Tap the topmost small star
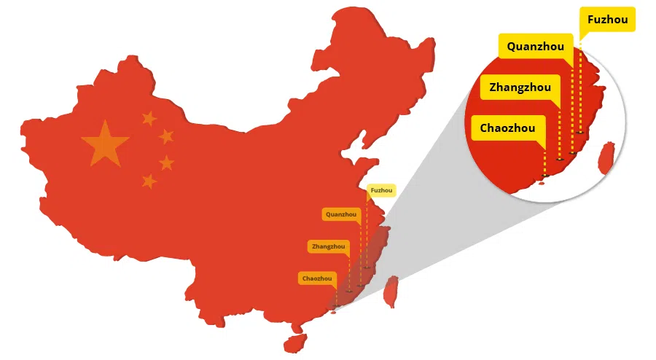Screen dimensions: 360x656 (149, 118)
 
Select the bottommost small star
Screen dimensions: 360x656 (149, 180)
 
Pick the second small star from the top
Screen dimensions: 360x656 (167, 136)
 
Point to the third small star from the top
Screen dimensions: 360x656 (167, 163)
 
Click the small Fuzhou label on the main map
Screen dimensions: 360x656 (381, 191)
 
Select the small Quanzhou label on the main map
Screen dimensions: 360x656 (341, 214)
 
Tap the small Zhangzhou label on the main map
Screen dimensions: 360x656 (328, 246)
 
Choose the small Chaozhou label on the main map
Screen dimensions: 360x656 (317, 278)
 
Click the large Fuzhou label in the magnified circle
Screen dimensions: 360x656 (607, 20)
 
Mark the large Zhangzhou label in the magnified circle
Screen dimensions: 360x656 (520, 87)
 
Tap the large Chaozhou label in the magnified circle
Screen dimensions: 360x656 (507, 128)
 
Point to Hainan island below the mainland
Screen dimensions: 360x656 (295, 342)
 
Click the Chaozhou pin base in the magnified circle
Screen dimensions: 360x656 (545, 176)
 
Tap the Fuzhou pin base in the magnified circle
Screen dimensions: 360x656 (581, 132)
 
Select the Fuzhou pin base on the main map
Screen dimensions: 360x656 (367, 267)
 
